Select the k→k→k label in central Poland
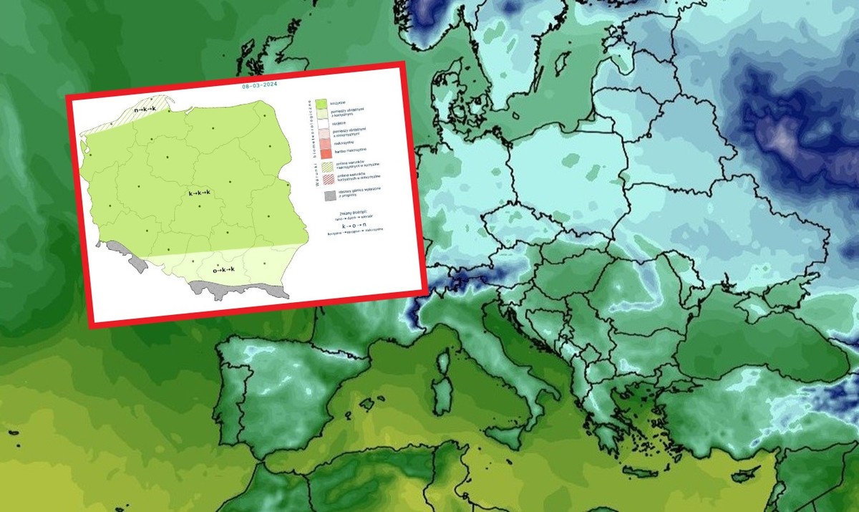point(200,193)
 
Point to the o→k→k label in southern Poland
point(224,270)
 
